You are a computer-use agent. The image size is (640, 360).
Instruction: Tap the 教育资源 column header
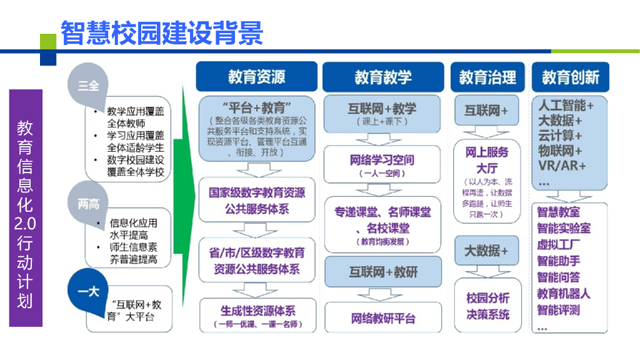pyautogui.click(x=256, y=77)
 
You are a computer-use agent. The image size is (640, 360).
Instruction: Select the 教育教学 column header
pyautogui.click(x=383, y=77)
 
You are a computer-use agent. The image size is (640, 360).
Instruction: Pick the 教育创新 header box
pyautogui.click(x=570, y=77)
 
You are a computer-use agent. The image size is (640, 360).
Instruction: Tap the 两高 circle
pyautogui.click(x=88, y=203)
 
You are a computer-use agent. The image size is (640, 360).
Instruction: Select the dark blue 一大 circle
pyautogui.click(x=88, y=290)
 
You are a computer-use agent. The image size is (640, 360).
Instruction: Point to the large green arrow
pyautogui.click(x=182, y=206)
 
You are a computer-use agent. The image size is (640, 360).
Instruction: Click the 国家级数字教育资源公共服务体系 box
pyautogui.click(x=257, y=200)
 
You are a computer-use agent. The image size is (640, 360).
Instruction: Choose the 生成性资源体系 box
pyautogui.click(x=257, y=316)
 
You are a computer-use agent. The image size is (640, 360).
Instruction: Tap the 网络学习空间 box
pyautogui.click(x=382, y=164)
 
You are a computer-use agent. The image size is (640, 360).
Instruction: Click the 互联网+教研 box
pyautogui.click(x=382, y=271)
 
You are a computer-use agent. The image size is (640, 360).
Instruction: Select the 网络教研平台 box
pyautogui.click(x=382, y=318)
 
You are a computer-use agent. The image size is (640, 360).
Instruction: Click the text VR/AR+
pyautogui.click(x=562, y=166)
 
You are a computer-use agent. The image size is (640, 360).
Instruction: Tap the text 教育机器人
pyautogui.click(x=563, y=293)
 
